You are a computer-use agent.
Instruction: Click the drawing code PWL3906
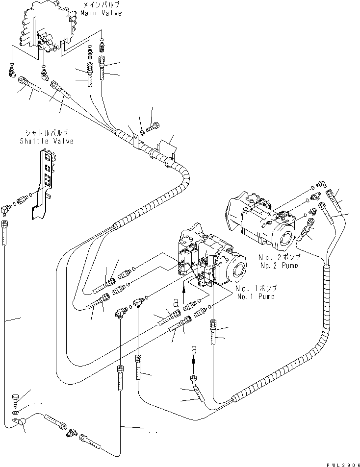[x=338, y=463]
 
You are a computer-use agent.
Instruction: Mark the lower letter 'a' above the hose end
[x=194, y=349]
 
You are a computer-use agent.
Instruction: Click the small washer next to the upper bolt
[x=142, y=132]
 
